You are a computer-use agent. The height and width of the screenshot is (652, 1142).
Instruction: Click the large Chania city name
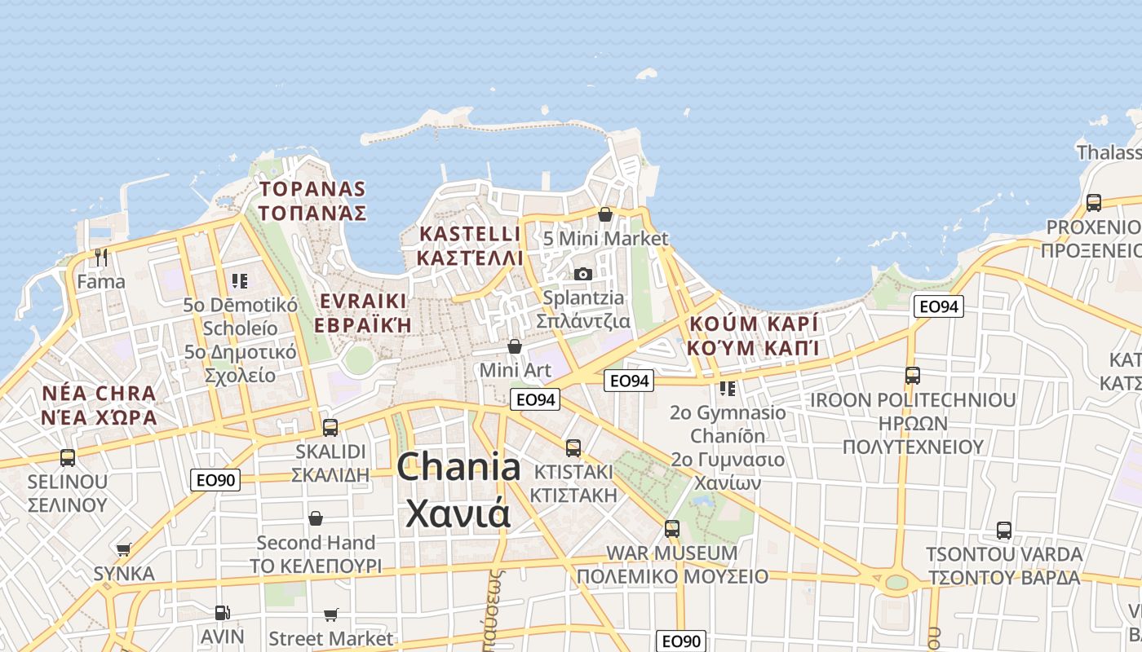pos(458,490)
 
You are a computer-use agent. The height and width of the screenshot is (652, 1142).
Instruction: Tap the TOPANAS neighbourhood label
pos(312,200)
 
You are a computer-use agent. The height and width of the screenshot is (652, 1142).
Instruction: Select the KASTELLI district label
pos(469,245)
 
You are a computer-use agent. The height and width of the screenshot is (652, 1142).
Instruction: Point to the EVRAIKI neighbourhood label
pos(364,312)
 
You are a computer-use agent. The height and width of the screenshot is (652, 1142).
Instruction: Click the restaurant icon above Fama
pos(101,258)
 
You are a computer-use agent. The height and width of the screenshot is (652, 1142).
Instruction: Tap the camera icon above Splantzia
pos(582,274)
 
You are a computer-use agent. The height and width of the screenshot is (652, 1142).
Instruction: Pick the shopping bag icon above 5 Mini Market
pos(605,214)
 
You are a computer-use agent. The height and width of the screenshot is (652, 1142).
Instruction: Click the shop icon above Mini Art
pos(515,346)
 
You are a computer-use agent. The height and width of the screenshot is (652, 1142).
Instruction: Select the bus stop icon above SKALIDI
pos(330,427)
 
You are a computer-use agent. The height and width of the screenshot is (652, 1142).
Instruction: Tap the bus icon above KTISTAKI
pos(573,447)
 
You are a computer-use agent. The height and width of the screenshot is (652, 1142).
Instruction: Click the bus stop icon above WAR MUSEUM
pos(672,528)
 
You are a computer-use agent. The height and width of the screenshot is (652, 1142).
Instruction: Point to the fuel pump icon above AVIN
pos(222,612)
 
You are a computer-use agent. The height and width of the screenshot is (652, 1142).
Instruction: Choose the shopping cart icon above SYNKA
pos(123,549)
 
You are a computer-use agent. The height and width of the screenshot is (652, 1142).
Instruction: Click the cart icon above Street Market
pos(330,615)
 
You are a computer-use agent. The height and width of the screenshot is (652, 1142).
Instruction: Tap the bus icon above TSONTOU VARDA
pos(1004,531)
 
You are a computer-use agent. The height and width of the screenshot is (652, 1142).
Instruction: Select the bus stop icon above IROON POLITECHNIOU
pos(913,376)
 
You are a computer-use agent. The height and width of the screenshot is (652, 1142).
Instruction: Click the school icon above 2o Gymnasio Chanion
pos(728,388)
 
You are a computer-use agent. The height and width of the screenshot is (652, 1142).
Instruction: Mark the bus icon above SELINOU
pos(68,457)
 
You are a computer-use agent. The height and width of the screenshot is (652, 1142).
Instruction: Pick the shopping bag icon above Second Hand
pos(316,518)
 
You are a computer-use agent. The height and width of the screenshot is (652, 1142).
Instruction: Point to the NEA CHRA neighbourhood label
pos(100,405)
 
